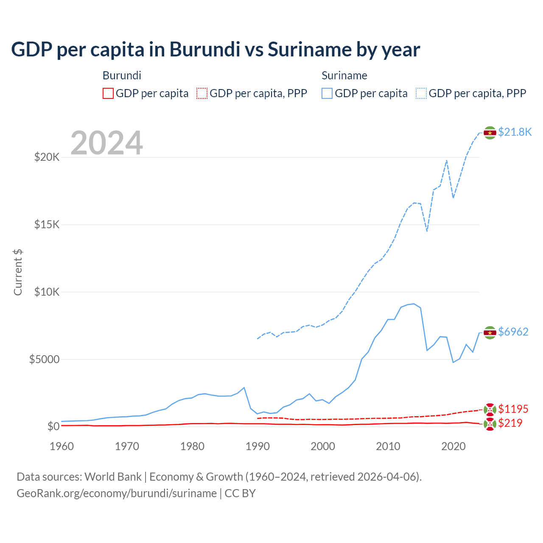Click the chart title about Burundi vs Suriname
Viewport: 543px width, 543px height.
(x=216, y=50)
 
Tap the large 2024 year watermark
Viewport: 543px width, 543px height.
(x=106, y=143)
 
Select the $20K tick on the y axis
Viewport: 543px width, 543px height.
(x=47, y=157)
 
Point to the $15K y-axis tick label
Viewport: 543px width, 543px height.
(x=47, y=224)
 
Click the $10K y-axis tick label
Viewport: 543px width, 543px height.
(x=47, y=292)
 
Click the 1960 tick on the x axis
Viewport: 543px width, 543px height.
(x=62, y=446)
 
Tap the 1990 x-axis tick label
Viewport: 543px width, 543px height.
(x=258, y=446)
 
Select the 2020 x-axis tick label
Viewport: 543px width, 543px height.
(x=453, y=446)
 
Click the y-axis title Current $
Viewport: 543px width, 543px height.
(x=18, y=272)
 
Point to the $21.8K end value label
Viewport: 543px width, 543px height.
(x=515, y=132)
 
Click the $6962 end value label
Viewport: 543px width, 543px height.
(x=513, y=332)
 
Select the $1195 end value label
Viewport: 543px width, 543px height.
(x=513, y=409)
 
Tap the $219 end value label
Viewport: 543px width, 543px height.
(x=510, y=423)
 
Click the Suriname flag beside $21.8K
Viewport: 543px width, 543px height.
(x=490, y=133)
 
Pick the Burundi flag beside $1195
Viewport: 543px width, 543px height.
(x=490, y=410)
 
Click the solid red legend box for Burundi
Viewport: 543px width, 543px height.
(x=108, y=93)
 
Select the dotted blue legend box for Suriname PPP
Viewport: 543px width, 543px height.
(x=421, y=93)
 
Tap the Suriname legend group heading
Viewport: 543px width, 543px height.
(x=344, y=76)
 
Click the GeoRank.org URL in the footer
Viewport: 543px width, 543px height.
(x=117, y=493)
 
